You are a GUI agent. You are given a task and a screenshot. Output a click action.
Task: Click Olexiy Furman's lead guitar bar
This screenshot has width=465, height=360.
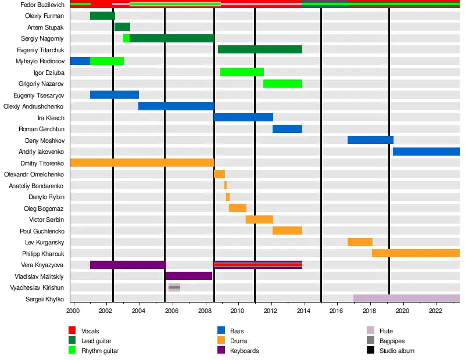[102, 16]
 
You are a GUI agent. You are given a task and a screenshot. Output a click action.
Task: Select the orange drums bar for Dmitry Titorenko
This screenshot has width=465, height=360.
[142, 163]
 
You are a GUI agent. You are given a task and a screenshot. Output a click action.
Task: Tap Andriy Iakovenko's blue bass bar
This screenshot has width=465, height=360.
[426, 152]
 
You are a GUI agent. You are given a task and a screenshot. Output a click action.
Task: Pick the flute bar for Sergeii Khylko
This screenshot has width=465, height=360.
[406, 298]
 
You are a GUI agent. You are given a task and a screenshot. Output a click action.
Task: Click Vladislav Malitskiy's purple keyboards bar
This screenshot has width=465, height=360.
[189, 276]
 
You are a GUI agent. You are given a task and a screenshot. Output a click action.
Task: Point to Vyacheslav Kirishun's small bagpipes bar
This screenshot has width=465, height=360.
[174, 287]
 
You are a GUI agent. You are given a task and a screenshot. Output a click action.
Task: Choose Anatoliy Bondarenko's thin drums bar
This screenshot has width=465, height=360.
[226, 185]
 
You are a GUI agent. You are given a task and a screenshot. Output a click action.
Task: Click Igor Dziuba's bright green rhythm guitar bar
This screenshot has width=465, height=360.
[242, 72]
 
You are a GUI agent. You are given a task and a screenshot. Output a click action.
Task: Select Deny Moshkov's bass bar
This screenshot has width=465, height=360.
[370, 140]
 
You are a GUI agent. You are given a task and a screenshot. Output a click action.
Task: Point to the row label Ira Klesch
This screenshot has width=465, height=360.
[51, 118]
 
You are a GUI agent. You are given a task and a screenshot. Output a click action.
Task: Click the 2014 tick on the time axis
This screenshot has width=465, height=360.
[304, 311]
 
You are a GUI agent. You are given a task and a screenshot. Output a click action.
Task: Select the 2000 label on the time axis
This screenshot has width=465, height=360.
[73, 311]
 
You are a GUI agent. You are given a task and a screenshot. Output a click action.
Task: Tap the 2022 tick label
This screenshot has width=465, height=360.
[436, 311]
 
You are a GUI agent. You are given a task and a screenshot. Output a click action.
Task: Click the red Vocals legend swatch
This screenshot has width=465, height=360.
[72, 331]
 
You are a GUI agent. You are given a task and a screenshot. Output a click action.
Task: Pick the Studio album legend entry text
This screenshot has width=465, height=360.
[397, 351]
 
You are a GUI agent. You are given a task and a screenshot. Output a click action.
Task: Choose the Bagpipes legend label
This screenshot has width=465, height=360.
[392, 341]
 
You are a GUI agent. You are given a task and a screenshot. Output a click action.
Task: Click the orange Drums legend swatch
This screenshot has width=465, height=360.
[221, 341]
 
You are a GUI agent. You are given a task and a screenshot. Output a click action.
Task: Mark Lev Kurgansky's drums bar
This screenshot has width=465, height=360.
[360, 242]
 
